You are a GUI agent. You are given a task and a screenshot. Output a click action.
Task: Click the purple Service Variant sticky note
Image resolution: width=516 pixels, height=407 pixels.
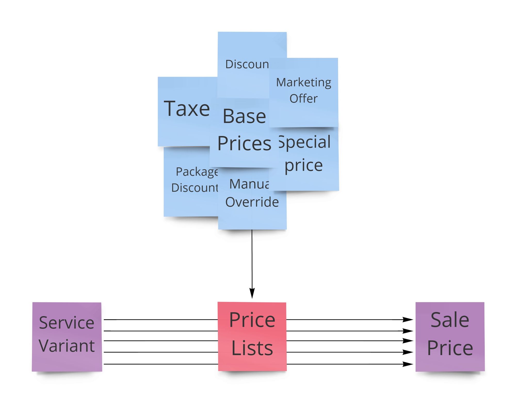click(67, 337)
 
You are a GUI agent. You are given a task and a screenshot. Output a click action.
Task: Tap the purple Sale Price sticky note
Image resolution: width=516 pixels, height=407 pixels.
click(450, 336)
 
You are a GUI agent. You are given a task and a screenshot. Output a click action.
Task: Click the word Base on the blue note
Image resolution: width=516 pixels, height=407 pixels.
click(244, 116)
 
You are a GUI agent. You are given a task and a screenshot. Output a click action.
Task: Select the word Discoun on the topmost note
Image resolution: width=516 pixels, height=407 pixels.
click(247, 64)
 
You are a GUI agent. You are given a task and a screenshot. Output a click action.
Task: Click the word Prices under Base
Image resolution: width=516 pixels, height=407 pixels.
click(244, 143)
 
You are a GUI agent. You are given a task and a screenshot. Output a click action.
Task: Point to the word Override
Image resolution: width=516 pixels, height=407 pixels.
click(252, 202)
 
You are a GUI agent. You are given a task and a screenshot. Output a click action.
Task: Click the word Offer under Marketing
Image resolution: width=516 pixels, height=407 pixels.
click(303, 99)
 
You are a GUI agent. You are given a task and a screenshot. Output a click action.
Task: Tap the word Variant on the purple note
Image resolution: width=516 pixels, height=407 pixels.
click(67, 346)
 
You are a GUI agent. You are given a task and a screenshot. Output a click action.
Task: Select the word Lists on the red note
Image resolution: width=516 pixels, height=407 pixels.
click(252, 348)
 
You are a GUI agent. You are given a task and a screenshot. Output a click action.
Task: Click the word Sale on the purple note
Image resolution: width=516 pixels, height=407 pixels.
click(450, 320)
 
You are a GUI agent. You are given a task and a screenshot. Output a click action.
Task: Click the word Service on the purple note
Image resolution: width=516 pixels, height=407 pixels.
click(67, 323)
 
